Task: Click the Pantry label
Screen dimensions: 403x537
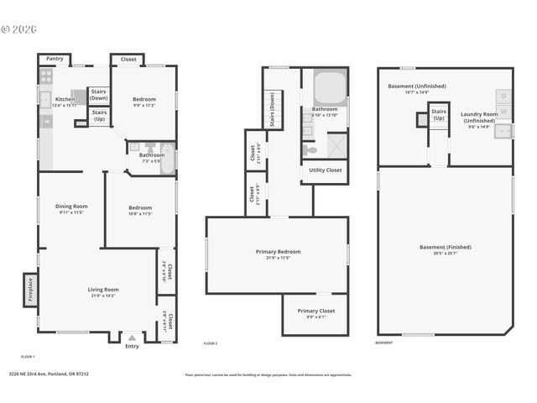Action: coord(55,59)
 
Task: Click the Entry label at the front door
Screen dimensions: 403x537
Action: coord(132,346)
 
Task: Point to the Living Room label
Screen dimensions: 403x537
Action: coord(104,290)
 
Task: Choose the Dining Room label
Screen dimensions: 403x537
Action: coord(72,206)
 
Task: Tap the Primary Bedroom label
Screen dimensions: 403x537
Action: coord(278,252)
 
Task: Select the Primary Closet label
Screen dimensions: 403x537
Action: coord(315,311)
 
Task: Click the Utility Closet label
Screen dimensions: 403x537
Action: coord(324,170)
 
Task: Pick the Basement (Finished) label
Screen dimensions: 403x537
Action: coord(445,247)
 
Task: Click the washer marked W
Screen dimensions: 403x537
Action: coord(503,112)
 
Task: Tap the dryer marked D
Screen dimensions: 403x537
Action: coord(503,96)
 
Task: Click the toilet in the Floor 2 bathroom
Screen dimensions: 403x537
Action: coord(310,149)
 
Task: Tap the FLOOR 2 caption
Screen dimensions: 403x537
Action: coord(211,343)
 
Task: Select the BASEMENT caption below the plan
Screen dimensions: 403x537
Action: coord(383,343)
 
